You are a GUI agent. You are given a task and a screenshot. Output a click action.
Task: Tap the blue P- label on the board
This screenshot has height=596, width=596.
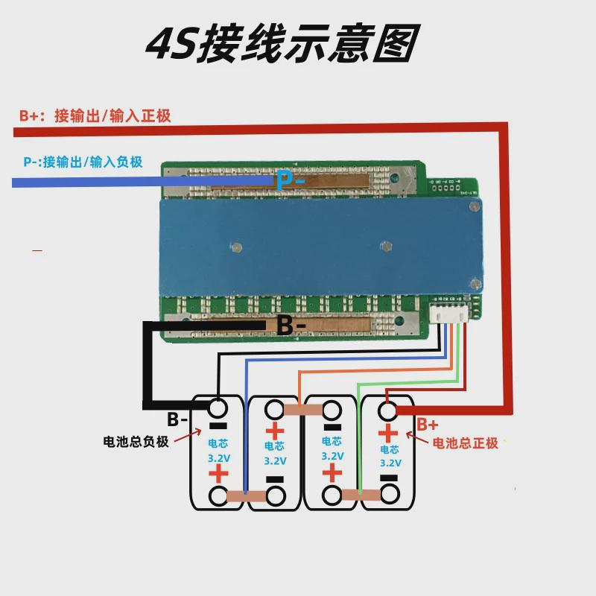(x=291, y=180)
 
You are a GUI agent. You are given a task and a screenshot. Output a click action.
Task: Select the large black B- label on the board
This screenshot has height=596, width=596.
(x=291, y=326)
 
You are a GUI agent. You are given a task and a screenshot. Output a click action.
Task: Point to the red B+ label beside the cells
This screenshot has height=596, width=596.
(x=427, y=425)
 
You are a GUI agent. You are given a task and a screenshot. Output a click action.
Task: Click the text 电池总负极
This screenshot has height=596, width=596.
(x=136, y=441)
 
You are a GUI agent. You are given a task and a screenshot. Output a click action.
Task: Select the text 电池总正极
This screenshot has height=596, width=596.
(x=466, y=443)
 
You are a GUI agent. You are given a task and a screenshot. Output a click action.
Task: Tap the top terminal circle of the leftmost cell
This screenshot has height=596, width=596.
(x=218, y=409)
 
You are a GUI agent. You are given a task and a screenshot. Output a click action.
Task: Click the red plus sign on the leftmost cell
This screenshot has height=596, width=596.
(x=218, y=475)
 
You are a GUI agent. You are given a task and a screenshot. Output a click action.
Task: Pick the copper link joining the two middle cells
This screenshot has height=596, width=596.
(x=302, y=409)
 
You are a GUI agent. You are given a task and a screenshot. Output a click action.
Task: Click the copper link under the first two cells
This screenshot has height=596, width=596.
(x=246, y=496)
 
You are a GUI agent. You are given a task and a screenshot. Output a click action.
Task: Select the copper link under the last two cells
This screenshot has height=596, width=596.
(x=361, y=495)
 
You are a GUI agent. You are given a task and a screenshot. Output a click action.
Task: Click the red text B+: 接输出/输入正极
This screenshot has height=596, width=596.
(x=95, y=115)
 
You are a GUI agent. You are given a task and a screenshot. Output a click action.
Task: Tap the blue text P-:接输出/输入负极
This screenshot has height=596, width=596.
(x=83, y=161)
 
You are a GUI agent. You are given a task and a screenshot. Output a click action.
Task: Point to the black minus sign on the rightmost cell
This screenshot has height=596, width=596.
(x=389, y=477)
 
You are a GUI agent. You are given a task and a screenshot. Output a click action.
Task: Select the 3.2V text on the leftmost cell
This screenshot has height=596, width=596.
(x=218, y=457)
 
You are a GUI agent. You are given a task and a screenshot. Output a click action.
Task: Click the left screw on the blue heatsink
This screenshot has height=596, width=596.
(x=235, y=247)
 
